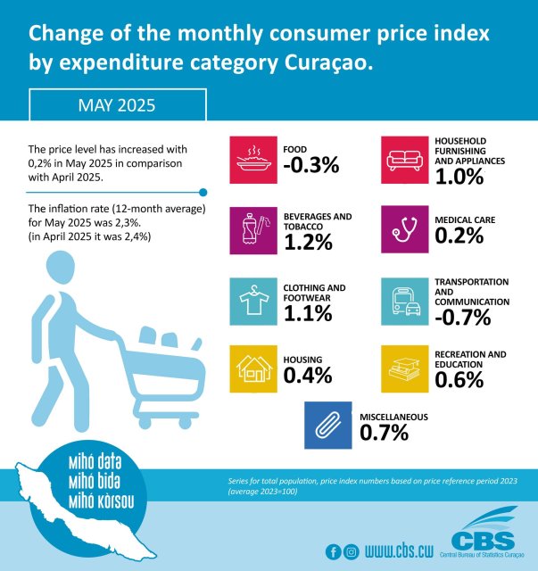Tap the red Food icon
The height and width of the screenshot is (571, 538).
click(253, 160)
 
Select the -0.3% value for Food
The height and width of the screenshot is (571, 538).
click(310, 165)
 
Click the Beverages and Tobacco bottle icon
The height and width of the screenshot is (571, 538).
click(253, 229)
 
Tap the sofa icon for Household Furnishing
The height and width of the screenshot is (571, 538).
click(405, 160)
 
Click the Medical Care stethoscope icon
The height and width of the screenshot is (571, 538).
click(405, 229)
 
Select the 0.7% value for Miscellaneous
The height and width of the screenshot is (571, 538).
click(385, 434)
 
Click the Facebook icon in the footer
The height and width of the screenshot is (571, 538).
click(333, 550)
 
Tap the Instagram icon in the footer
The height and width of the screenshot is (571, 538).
click(351, 550)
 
